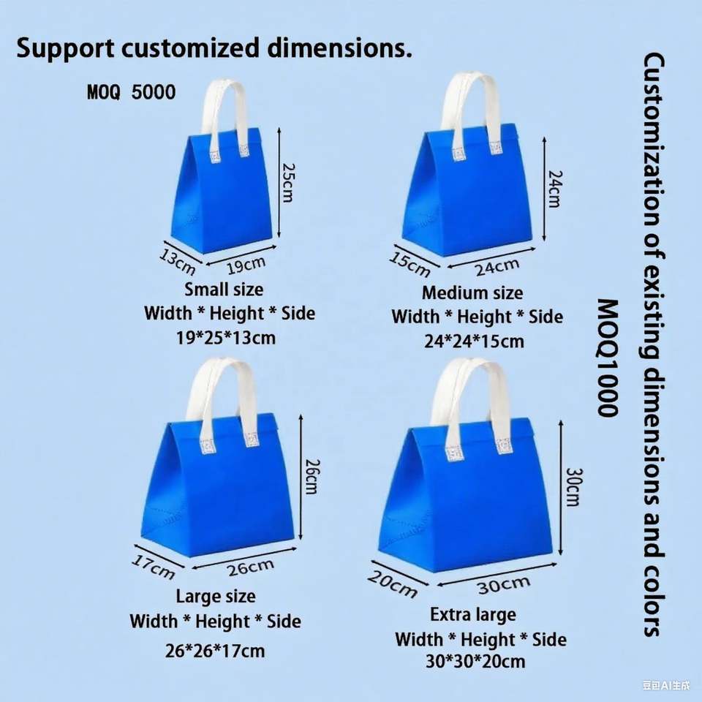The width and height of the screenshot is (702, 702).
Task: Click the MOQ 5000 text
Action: tap(132, 92)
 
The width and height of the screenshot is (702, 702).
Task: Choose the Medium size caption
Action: tap(472, 293)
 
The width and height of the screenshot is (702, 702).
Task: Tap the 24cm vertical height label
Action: tap(554, 189)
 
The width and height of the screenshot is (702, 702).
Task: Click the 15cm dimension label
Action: tap(409, 264)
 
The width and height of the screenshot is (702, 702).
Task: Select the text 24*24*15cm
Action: tap(474, 341)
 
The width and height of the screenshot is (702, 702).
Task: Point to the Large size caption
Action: tap(216, 596)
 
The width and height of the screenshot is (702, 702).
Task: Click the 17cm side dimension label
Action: tap(154, 566)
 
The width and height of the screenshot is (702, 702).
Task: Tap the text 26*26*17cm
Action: tap(215, 650)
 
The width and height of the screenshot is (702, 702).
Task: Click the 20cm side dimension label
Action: tap(391, 583)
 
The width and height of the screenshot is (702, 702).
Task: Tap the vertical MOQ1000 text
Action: tap(608, 358)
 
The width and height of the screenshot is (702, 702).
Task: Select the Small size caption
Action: tap(224, 289)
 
